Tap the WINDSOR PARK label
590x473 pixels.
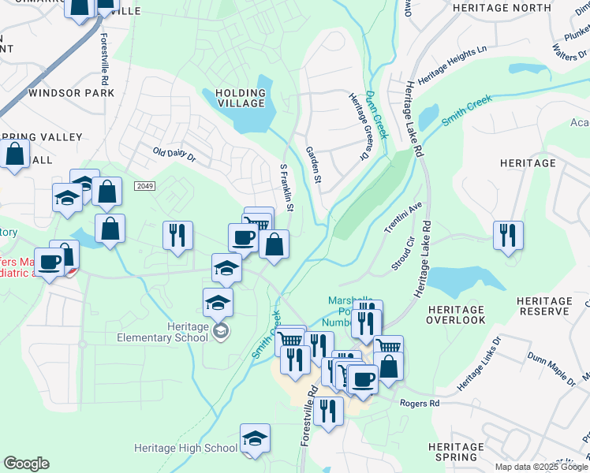pyautogui.click(x=71, y=93)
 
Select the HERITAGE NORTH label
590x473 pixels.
pyautogui.click(x=502, y=8)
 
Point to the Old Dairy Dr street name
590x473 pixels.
pyautogui.click(x=174, y=153)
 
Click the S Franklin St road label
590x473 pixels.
pyautogui.click(x=286, y=188)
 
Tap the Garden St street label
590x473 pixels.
pyautogui.click(x=313, y=165)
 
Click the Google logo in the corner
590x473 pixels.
pyautogui.click(x=26, y=464)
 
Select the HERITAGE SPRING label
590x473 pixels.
pyautogui.click(x=455, y=452)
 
